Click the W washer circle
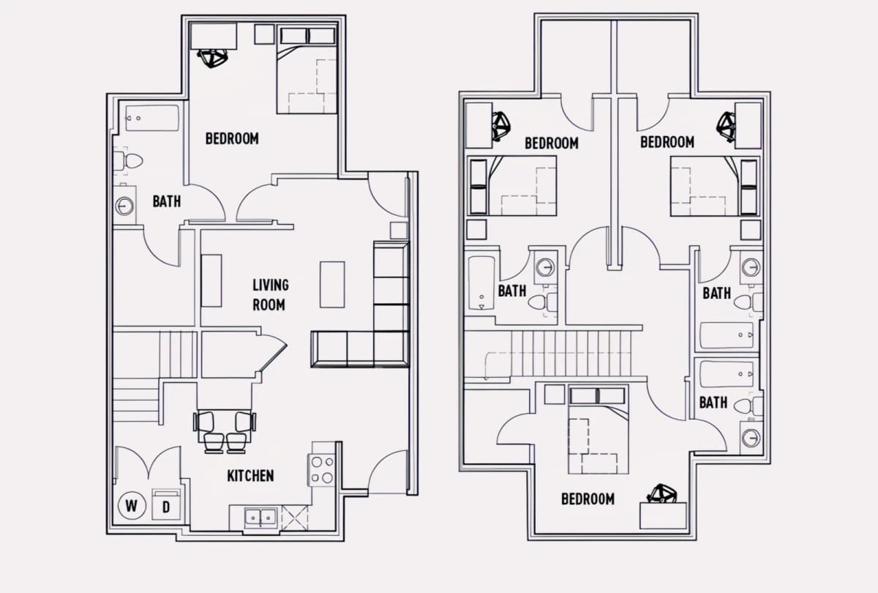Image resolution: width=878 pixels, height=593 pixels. point(132,506)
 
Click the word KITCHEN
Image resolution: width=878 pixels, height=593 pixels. point(250,476)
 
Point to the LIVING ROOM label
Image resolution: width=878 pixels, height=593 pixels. point(271,295)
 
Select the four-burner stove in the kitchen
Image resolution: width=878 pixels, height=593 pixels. point(322,470)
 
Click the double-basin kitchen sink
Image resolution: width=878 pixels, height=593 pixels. point(260,518)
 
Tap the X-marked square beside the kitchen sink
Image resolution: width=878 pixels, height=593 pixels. point(294,518)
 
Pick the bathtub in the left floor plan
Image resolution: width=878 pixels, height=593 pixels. point(152,118)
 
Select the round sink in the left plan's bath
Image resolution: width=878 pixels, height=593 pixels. point(124,206)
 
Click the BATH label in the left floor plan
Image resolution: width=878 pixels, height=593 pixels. point(167,201)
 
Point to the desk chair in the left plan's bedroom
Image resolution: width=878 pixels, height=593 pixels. point(212,59)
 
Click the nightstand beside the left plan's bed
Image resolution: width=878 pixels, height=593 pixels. point(264,34)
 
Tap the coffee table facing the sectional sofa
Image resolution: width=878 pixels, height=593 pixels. point(332,284)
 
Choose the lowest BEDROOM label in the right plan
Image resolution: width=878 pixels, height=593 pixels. point(588,499)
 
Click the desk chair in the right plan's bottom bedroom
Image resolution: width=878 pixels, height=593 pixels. point(661,493)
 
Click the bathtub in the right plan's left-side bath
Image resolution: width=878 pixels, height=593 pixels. point(481,283)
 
